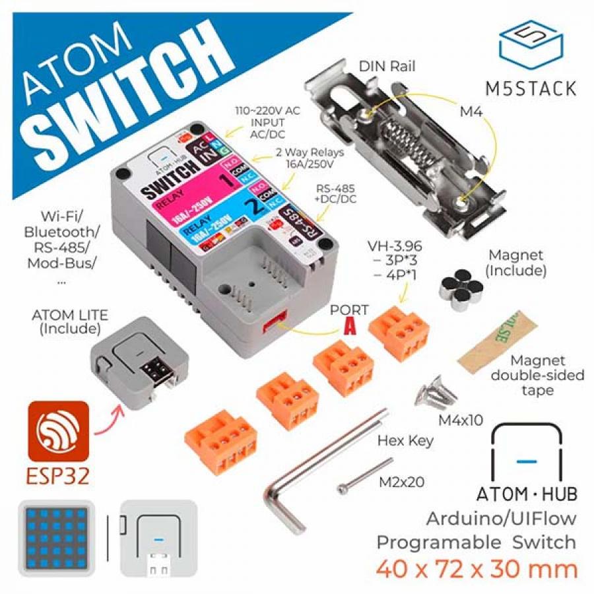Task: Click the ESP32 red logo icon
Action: tap(58, 430)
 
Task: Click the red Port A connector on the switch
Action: tap(273, 323)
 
